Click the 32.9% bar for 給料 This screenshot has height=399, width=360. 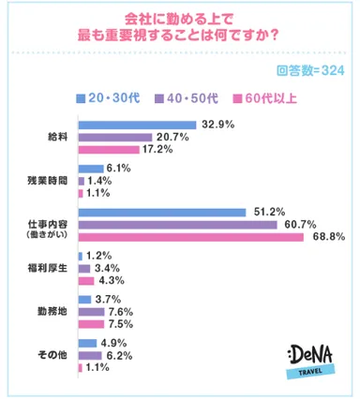pyautogui.click(x=137, y=125)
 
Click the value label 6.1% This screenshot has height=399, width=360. pyautogui.click(x=104, y=167)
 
